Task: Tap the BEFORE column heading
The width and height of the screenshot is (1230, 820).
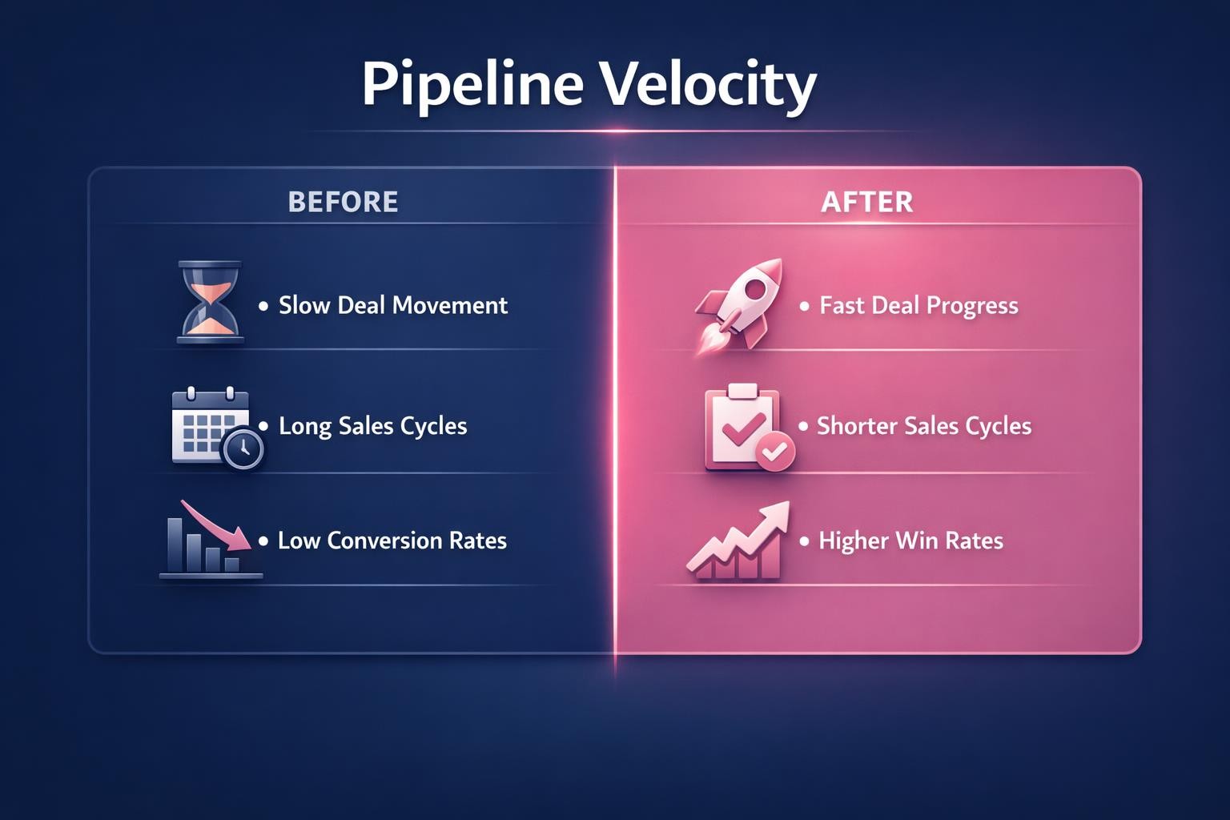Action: (343, 202)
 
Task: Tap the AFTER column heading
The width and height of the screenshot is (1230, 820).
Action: (867, 202)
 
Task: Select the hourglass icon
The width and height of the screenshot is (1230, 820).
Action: (210, 303)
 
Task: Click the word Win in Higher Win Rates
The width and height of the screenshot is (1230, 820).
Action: (917, 541)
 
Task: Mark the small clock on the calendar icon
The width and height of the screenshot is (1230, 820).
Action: (243, 449)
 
